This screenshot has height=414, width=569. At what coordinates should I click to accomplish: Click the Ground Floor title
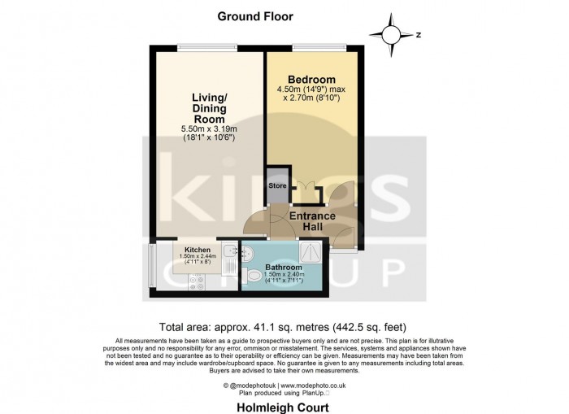(255, 16)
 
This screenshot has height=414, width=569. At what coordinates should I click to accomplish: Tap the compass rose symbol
(391, 35)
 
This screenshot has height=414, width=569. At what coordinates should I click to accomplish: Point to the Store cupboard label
(278, 186)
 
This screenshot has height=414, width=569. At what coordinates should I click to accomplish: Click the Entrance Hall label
(312, 221)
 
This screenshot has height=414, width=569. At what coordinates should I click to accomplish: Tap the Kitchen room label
(198, 249)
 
